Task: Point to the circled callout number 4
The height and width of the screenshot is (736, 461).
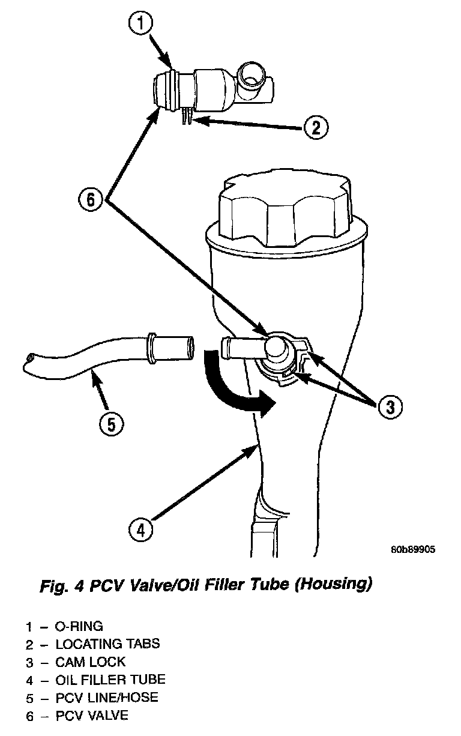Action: click(140, 530)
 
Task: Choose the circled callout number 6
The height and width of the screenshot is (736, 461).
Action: click(91, 199)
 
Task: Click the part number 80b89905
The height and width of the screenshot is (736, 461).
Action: click(413, 549)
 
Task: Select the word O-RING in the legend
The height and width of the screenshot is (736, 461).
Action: click(79, 627)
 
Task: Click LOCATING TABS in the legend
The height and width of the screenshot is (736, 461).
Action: click(107, 645)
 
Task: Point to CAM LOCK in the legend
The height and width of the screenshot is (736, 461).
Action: click(91, 662)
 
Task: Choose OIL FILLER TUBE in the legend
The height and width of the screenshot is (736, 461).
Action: click(110, 680)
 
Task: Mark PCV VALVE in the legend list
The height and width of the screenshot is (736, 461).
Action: click(92, 716)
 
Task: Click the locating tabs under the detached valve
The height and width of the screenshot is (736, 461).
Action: click(185, 116)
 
